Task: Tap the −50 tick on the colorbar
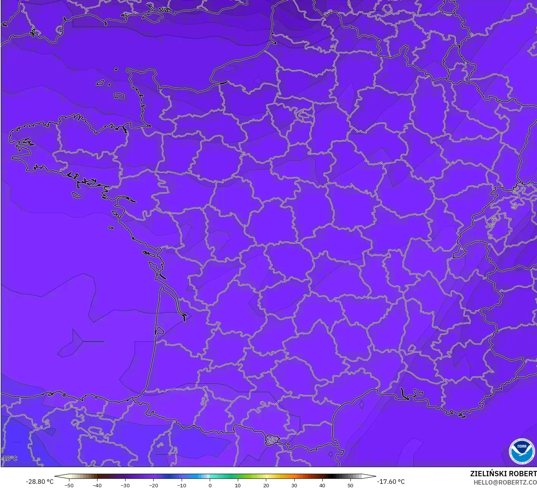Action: pos(69,485)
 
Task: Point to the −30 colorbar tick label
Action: pos(125,485)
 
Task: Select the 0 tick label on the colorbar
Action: pos(210,485)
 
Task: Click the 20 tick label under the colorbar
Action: pos(266,485)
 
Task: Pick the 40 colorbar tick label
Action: pos(322,485)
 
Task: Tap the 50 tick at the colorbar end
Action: pos(350,485)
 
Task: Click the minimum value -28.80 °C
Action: pos(39,482)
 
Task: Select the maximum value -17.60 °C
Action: pos(391,482)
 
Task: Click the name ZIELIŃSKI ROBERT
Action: pos(503,474)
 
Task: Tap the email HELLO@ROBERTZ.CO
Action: pos(505,482)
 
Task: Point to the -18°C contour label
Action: pos(9,458)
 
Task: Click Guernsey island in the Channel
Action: pos(100,82)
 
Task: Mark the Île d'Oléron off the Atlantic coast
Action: pos(154,267)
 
